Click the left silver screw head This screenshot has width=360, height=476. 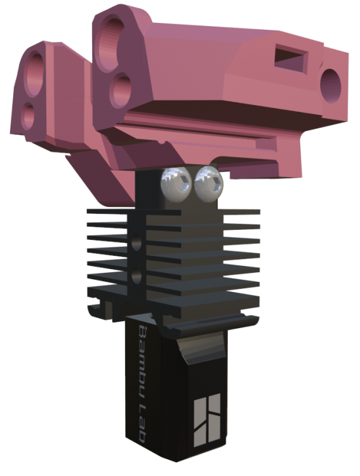click(177, 185)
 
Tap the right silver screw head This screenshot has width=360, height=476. click(209, 184)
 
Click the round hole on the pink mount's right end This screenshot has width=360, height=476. click(331, 86)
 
